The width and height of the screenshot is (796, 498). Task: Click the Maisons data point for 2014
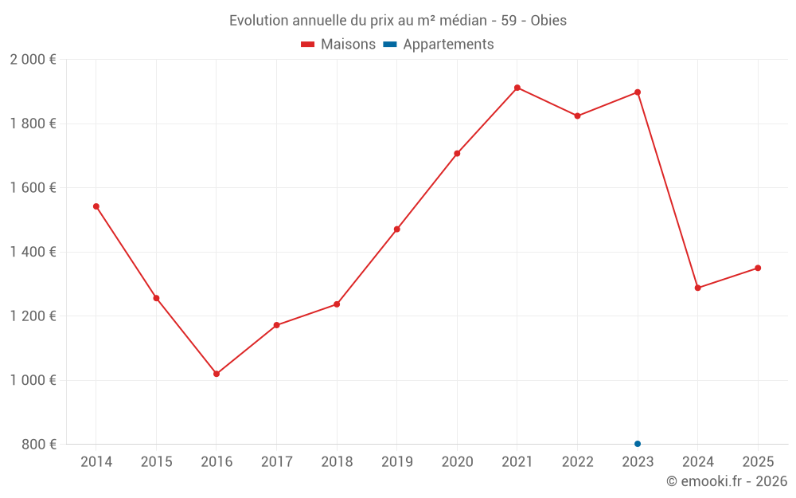[x=96, y=206]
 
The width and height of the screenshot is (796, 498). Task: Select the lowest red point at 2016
[x=217, y=374]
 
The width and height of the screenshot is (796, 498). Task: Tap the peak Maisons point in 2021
[x=517, y=88]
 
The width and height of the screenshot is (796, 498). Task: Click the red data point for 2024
[x=698, y=288]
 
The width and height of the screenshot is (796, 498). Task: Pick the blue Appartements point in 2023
[x=638, y=444]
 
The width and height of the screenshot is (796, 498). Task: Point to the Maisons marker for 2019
[x=397, y=229]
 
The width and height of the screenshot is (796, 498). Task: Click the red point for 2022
[x=578, y=116]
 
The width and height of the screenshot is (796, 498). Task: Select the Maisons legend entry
[x=338, y=45]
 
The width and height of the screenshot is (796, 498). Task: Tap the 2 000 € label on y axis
[x=33, y=60]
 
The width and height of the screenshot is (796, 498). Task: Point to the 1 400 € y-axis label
[x=33, y=252]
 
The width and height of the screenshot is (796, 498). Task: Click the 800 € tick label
[x=38, y=444]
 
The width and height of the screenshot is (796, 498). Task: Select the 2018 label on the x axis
[x=337, y=462]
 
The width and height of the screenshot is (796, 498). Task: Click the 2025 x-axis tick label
[x=758, y=462]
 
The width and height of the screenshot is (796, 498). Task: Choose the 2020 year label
[x=457, y=462]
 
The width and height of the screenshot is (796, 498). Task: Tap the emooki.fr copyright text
[x=727, y=481]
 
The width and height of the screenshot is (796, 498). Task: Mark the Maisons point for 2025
[x=758, y=268]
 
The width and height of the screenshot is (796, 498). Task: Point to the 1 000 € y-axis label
[x=33, y=380]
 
